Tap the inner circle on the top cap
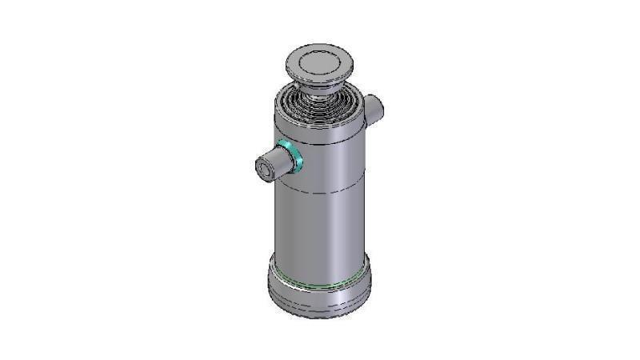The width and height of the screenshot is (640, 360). click(x=319, y=61)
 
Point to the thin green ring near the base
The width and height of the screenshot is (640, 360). click(x=320, y=281)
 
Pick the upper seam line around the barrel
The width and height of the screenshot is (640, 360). click(x=320, y=144)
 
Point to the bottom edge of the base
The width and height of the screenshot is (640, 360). click(x=320, y=317)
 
